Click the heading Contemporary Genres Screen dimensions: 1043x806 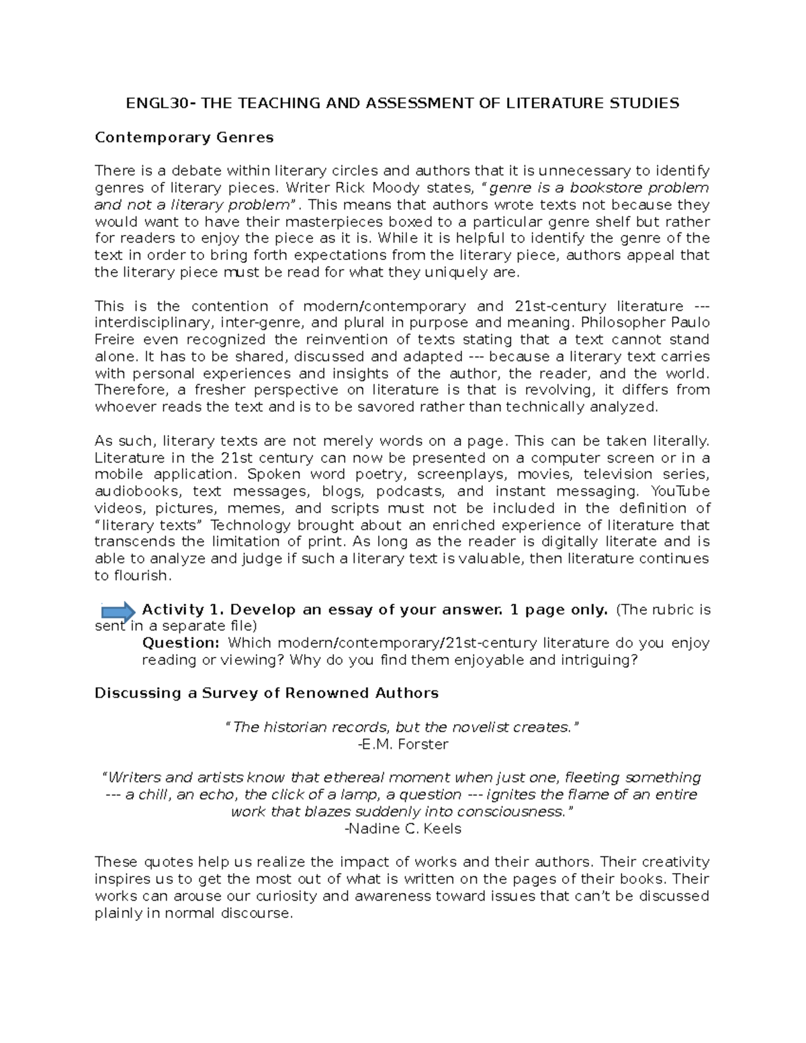pyautogui.click(x=184, y=138)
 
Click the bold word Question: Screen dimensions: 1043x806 pyautogui.click(x=176, y=643)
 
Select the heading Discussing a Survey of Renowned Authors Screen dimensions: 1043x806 pyautogui.click(x=266, y=693)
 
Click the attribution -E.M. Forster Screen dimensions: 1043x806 pyautogui.click(x=403, y=744)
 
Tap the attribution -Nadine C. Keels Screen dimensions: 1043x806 pyautogui.click(x=403, y=829)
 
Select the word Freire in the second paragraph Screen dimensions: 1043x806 pyautogui.click(x=115, y=340)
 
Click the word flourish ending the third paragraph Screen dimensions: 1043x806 pyautogui.click(x=142, y=576)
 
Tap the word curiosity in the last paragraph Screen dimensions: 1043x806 pyautogui.click(x=278, y=896)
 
